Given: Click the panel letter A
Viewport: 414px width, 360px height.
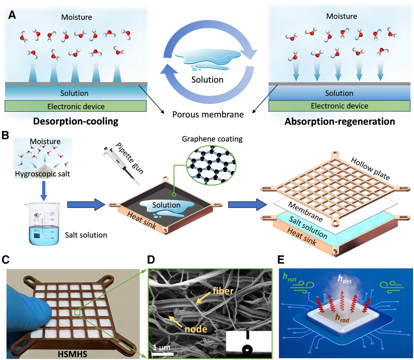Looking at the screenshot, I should pyautogui.click(x=12, y=15).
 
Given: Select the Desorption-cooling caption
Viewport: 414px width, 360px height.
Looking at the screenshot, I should pyautogui.click(x=75, y=122).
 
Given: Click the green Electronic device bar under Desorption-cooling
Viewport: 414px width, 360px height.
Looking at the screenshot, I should pyautogui.click(x=76, y=106).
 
